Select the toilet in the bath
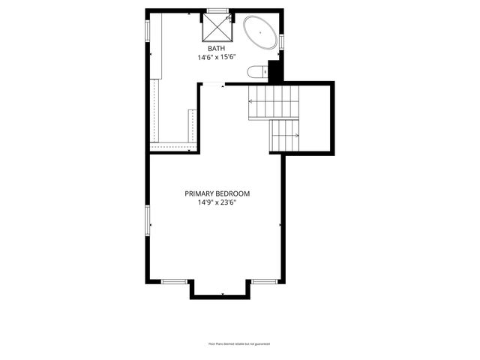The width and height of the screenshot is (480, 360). [x=256, y=72]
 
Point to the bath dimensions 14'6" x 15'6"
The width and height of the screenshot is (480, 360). [x=217, y=57]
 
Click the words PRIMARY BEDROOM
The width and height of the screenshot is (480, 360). [x=217, y=193]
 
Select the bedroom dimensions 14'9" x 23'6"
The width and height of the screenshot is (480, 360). [x=217, y=202]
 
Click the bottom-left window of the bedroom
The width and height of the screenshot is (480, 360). [x=174, y=281]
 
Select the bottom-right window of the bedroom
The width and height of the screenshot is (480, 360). [x=264, y=281]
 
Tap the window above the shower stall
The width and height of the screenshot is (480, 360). [x=217, y=10]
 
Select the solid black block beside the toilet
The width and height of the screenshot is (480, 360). [x=274, y=70]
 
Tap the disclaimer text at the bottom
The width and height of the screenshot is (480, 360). [x=238, y=343]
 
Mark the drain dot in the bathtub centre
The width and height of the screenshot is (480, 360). [x=260, y=34]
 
